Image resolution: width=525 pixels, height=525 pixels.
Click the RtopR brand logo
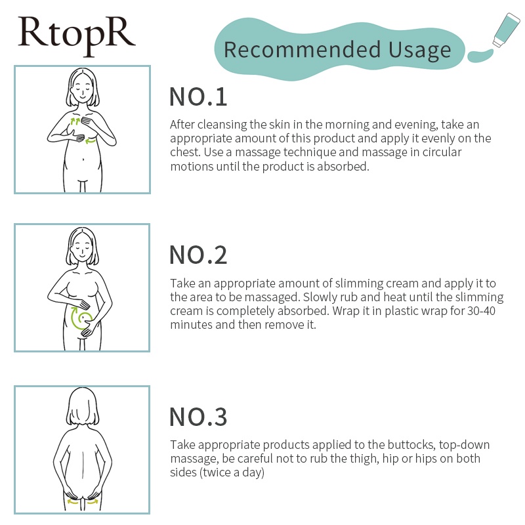[77, 36]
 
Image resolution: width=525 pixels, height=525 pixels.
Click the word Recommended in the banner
[303, 50]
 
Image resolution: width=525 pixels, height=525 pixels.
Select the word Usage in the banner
[420, 51]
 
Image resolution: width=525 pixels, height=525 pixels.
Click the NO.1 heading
[198, 97]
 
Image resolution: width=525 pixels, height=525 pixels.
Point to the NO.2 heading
[198, 255]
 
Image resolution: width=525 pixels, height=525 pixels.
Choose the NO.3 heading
[198, 417]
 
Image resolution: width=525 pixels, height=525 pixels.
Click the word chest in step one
[185, 152]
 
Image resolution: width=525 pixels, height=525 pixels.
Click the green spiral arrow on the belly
[80, 318]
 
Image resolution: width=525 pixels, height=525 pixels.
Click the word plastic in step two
[400, 311]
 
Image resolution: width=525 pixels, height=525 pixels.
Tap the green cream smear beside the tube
[480, 55]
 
